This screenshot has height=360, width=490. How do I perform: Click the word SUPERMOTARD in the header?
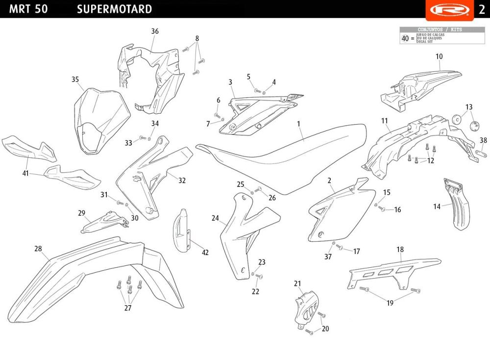[114, 9]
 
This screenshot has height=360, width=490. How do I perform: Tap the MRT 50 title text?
[28, 9]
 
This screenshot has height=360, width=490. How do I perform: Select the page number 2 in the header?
[481, 10]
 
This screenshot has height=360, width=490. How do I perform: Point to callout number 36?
[155, 31]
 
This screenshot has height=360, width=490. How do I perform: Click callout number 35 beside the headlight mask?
[75, 79]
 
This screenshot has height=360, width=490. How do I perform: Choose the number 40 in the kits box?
[405, 38]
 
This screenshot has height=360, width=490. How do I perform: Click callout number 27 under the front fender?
[128, 308]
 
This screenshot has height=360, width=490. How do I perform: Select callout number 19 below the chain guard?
[390, 303]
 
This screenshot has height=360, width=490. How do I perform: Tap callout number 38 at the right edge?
[483, 140]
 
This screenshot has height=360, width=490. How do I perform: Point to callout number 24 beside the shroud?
[215, 218]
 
